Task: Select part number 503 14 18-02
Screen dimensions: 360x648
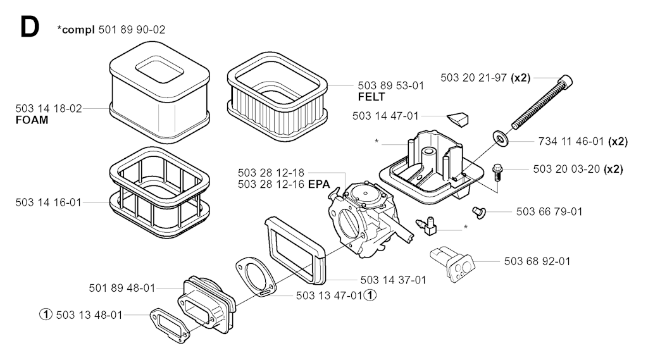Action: coord(49,108)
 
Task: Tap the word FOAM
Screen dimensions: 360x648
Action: coord(31,120)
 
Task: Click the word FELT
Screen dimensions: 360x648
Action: coord(371,97)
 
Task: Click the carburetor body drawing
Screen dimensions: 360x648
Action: coord(364,218)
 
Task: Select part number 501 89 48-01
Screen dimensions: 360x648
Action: coord(122,288)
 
